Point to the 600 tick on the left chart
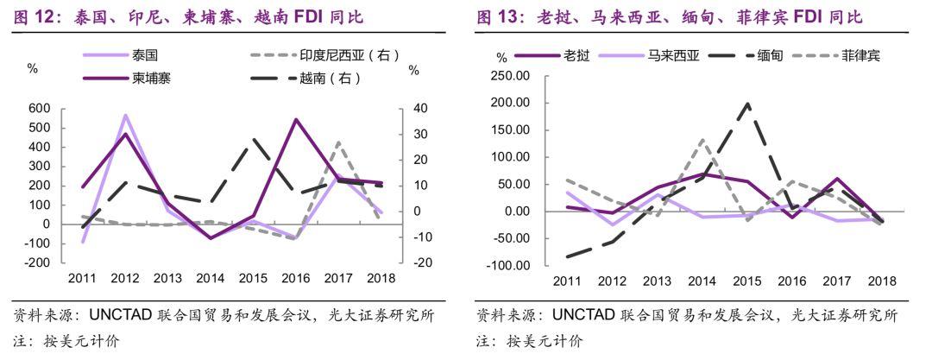point(40,109)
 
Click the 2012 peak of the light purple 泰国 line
point(125,115)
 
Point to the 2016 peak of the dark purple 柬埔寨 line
point(295,119)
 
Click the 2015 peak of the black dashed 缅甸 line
point(747,104)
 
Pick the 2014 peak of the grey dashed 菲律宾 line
point(702,140)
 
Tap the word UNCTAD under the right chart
point(582,315)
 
